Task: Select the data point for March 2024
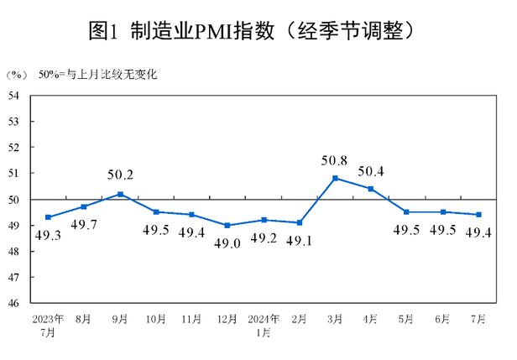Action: pos(336,178)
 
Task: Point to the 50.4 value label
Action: pos(372,173)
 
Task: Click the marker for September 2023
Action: pos(120,194)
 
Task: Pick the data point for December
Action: pos(227,225)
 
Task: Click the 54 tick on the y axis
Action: pos(14,95)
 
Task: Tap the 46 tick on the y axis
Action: pos(14,303)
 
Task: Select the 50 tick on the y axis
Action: pos(14,199)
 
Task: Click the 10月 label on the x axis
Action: pos(156,320)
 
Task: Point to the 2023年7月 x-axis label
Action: pos(48,326)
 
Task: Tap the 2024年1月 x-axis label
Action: pos(264,326)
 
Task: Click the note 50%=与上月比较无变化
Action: pos(98,76)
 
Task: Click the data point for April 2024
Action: pos(372,188)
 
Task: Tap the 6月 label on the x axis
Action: pos(443,320)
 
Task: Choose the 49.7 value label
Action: pos(84,223)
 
